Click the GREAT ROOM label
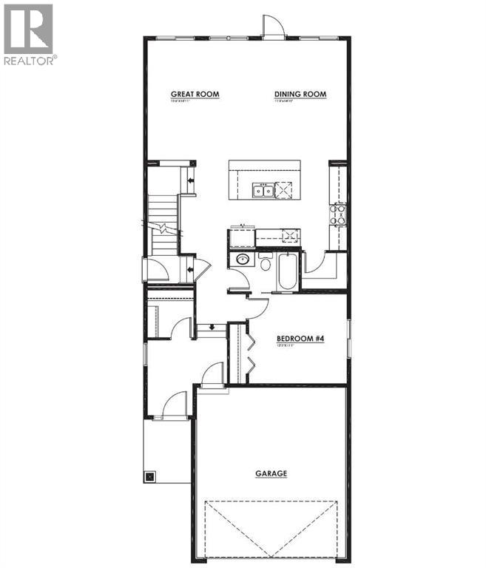[x=195, y=94]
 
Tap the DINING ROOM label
[x=300, y=94]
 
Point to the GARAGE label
[x=271, y=474]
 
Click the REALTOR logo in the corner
[x=28, y=34]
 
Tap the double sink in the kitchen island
[x=263, y=192]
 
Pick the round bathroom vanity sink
[x=241, y=259]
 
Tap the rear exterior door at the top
[x=274, y=27]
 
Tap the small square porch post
[x=150, y=476]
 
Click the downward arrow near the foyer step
[x=212, y=326]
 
